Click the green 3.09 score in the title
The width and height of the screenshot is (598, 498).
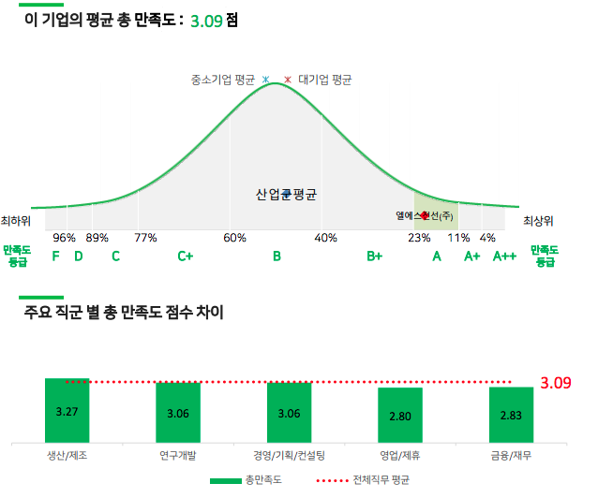[x=206, y=20]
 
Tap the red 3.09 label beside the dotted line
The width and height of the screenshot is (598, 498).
[x=557, y=383]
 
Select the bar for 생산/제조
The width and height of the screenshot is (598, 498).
[x=67, y=411]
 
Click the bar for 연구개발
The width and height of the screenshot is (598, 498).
[x=177, y=413]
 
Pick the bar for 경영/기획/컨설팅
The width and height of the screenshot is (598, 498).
[x=289, y=413]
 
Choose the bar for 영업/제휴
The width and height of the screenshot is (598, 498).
[x=399, y=416]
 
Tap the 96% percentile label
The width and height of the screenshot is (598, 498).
[x=65, y=238]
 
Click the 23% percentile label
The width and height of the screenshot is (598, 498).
[x=419, y=238]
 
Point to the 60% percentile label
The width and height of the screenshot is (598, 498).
[x=235, y=238]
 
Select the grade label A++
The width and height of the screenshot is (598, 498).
[x=505, y=256]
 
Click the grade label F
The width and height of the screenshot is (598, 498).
[x=56, y=256]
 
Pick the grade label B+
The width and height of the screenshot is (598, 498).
[x=375, y=256]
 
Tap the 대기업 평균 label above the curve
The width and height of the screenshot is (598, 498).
[x=324, y=81]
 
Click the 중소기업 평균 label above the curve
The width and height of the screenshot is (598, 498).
[x=224, y=81]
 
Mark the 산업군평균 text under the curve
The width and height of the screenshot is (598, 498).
[x=286, y=195]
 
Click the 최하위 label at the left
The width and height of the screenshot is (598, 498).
[x=16, y=221]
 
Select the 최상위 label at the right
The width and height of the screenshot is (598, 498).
[x=538, y=221]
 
